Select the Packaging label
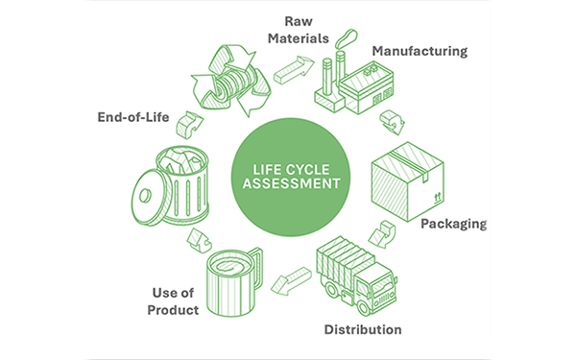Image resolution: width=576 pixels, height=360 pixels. tap(453, 224)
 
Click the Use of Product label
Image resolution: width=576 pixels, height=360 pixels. tap(176, 300)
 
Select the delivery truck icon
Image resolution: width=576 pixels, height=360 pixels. tap(355, 274)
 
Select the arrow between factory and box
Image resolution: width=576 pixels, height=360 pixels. tap(392, 121)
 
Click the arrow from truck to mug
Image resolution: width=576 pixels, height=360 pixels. tap(289, 282)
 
